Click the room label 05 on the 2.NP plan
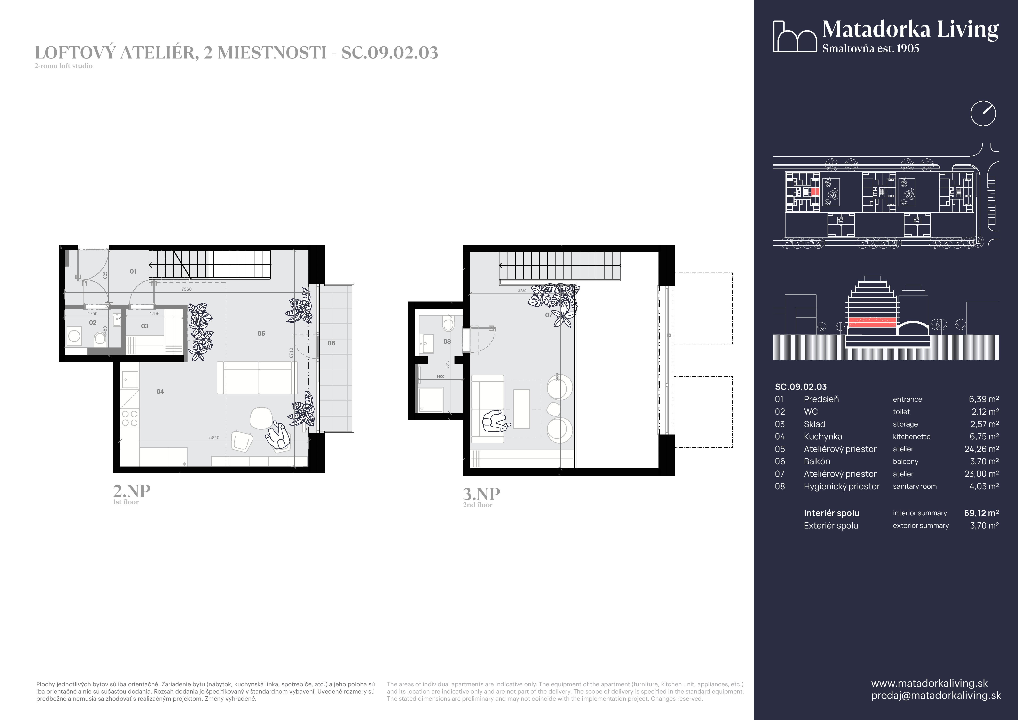(x=261, y=333)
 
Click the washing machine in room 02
(x=74, y=337)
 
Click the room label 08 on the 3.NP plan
(x=447, y=341)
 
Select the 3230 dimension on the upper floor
(x=522, y=291)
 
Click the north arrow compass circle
(x=983, y=114)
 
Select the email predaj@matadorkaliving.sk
(x=936, y=695)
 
